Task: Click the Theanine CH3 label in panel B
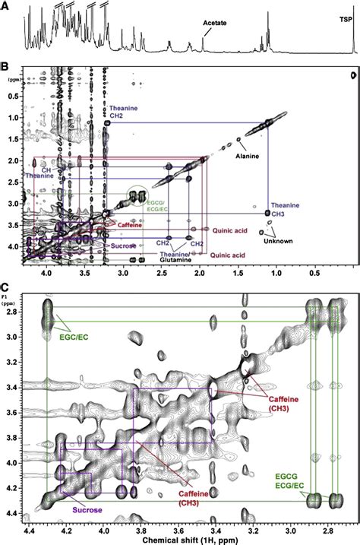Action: pos(287,210)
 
